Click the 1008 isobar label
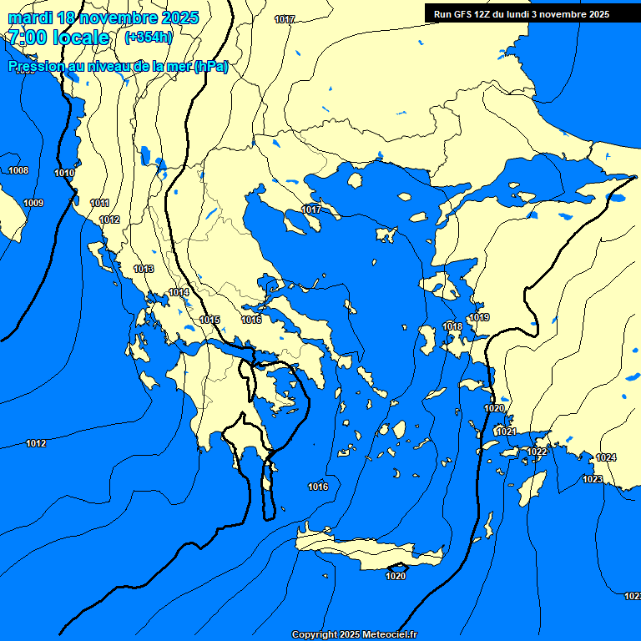pyautogui.click(x=18, y=171)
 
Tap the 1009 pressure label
pyautogui.click(x=33, y=204)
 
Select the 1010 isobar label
pyautogui.click(x=64, y=174)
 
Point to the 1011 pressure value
pyautogui.click(x=100, y=204)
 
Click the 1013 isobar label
pyautogui.click(x=144, y=270)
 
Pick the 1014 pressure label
pyautogui.click(x=179, y=293)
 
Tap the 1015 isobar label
pyautogui.click(x=209, y=320)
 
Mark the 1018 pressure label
pyautogui.click(x=452, y=327)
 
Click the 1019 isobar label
pyautogui.click(x=479, y=318)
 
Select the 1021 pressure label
pyautogui.click(x=507, y=432)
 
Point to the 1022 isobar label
pyautogui.click(x=537, y=452)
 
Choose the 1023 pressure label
pyautogui.click(x=593, y=479)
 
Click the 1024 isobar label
pyautogui.click(x=606, y=458)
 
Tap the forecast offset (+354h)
pyautogui.click(x=149, y=37)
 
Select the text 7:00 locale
pyautogui.click(x=58, y=38)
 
